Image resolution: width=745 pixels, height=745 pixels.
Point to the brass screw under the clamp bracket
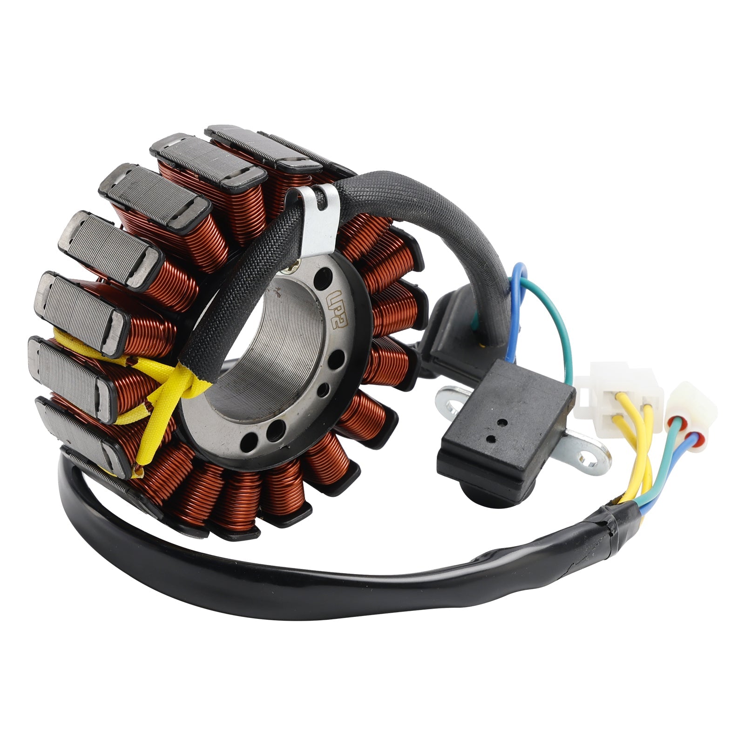(294, 267)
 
